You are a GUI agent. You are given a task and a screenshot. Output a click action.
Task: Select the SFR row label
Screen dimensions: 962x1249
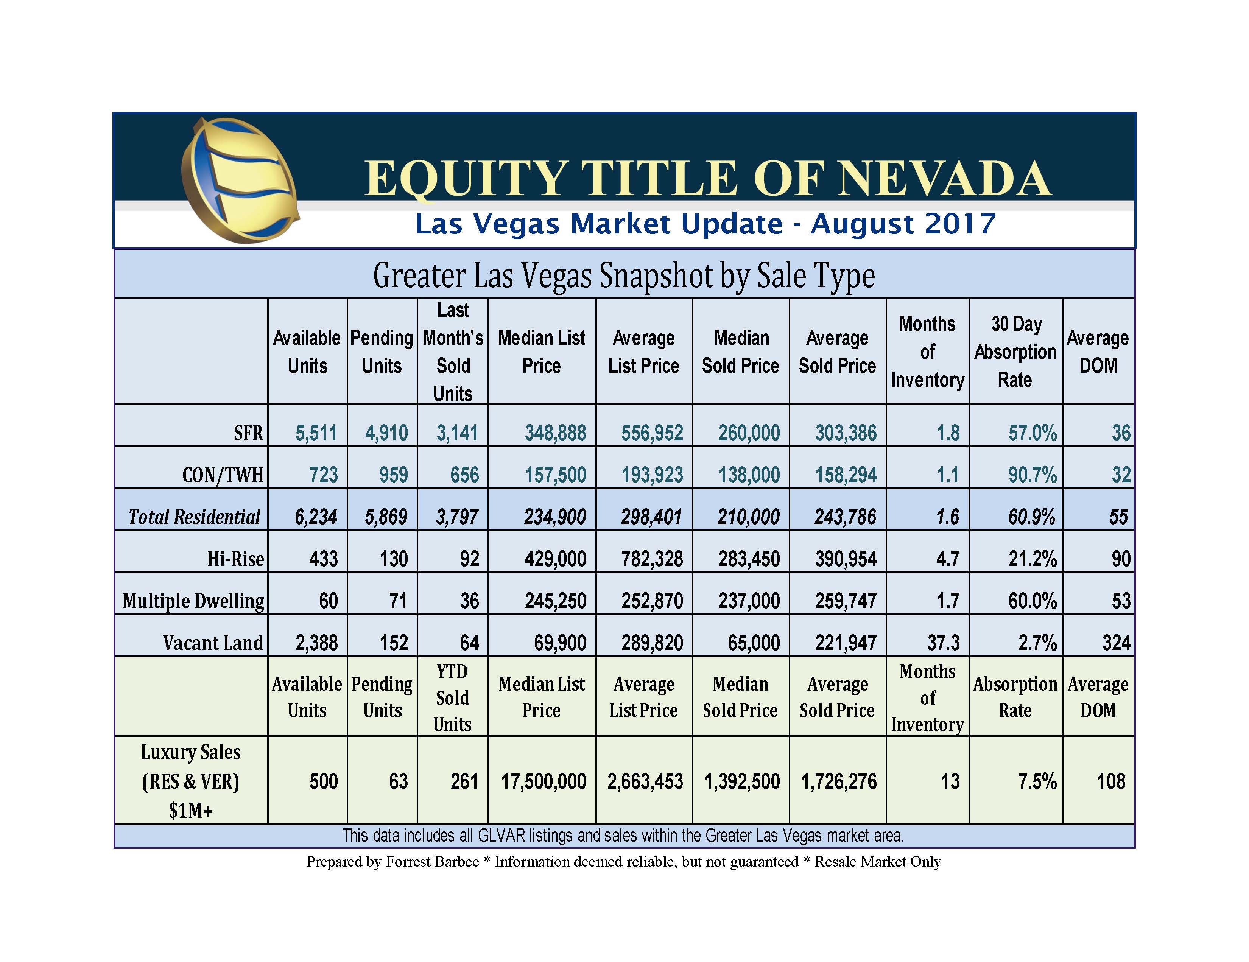[248, 433]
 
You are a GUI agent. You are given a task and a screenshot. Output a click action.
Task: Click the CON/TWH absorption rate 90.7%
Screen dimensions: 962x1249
[1032, 475]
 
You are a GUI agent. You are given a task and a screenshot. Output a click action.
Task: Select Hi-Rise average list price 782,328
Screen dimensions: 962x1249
[652, 559]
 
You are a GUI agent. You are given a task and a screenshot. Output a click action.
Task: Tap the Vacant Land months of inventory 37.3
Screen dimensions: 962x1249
[943, 643]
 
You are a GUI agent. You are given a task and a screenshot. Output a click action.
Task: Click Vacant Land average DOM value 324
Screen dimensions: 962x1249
[1116, 643]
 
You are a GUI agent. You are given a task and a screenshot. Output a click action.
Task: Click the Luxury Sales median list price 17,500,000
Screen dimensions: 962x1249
[543, 781]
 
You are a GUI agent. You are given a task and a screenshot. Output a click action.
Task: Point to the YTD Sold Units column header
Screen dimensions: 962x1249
[452, 698]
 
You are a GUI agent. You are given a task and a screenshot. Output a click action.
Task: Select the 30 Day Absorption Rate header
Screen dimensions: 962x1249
[1015, 352]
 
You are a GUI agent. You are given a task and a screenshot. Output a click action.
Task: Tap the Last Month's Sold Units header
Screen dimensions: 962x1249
[453, 352]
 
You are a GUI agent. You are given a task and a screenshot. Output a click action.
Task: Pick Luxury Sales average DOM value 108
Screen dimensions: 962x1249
[1110, 781]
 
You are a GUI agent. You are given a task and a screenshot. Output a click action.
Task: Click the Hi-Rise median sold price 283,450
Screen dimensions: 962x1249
[749, 559]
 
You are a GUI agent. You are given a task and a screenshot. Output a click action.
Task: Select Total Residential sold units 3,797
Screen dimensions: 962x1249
[456, 517]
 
